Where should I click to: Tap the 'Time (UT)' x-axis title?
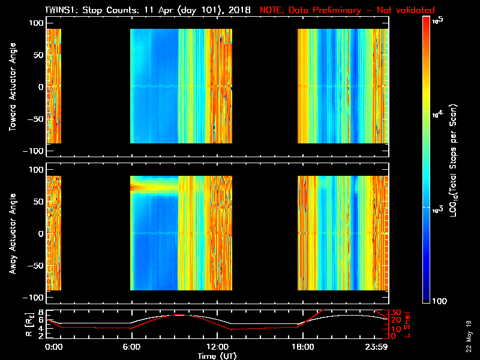click(218, 356)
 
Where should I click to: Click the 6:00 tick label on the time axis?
click(131, 347)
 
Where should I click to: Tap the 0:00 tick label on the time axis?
click(53, 347)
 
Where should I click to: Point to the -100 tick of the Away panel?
click(34, 298)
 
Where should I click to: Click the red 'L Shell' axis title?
click(414, 324)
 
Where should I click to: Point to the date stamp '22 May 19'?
click(468, 336)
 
